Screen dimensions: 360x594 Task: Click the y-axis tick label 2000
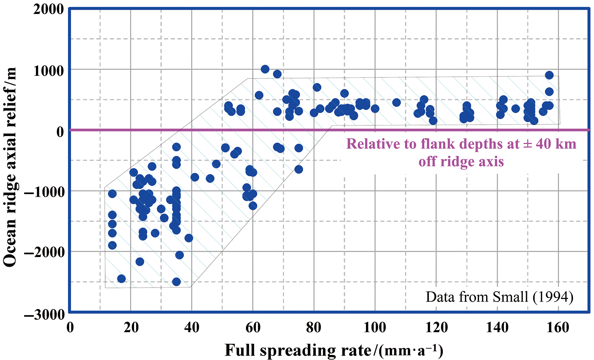tap(48, 9)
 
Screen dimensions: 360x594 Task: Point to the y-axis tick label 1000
tap(48, 71)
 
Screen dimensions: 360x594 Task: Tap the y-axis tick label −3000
tap(44, 314)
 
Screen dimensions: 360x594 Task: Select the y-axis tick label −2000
tap(44, 252)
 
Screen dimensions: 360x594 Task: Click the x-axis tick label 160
tap(558, 327)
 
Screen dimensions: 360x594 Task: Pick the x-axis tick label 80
tap(314, 327)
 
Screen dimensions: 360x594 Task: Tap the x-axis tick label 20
tap(131, 327)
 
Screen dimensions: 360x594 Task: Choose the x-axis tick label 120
tap(436, 327)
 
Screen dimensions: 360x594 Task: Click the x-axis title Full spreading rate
tap(334, 351)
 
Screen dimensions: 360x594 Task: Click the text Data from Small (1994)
tap(499, 297)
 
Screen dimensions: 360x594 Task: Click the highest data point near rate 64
tap(265, 69)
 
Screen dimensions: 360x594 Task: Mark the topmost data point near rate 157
tap(549, 75)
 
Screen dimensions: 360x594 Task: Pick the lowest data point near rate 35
tap(176, 282)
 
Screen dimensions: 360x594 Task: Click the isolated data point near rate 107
tap(397, 103)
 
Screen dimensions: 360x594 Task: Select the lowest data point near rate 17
tap(121, 279)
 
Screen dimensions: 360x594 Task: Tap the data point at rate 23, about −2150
tap(140, 261)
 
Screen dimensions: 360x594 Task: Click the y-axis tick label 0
tap(60, 132)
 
